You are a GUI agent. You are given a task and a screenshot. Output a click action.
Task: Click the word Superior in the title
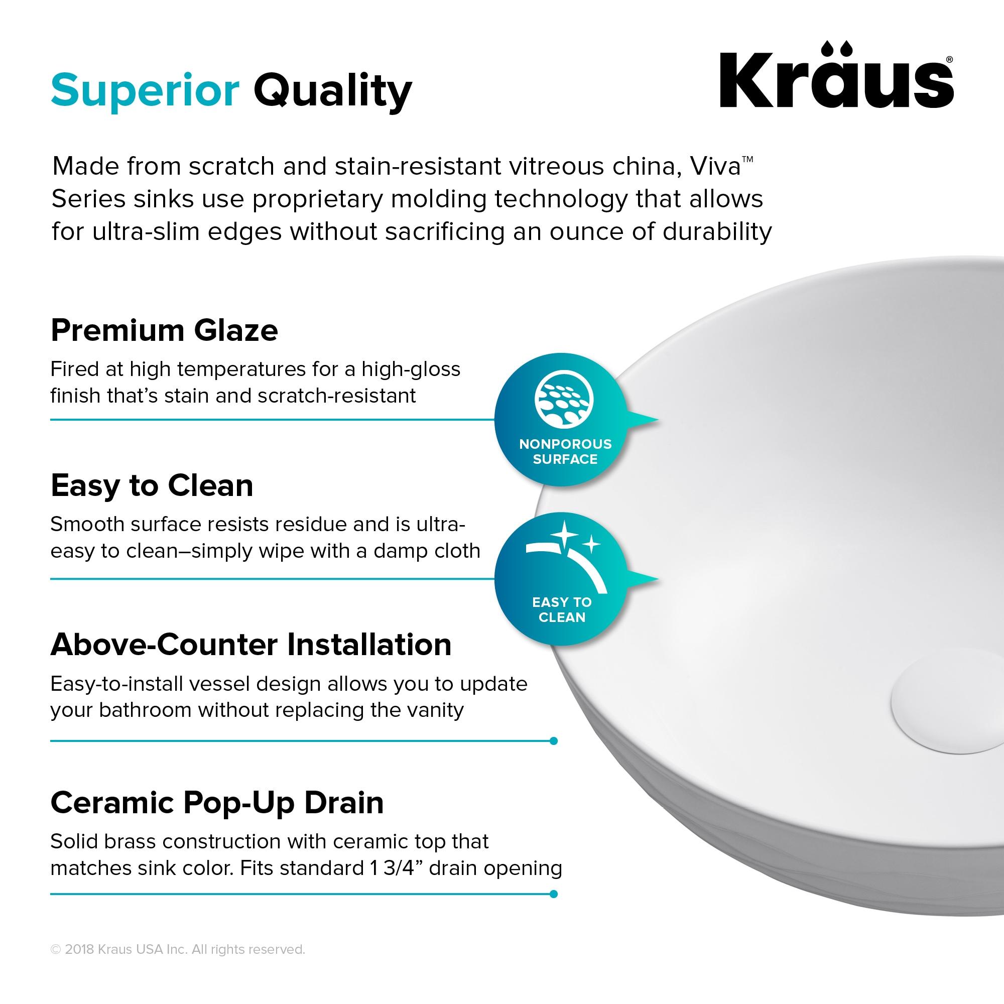[145, 90]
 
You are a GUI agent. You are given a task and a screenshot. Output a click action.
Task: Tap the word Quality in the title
[333, 91]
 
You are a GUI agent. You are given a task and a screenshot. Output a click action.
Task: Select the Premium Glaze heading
[164, 330]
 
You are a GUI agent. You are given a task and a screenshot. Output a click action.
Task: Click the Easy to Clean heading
[152, 485]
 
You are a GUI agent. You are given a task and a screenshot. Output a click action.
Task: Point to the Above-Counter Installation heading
[250, 645]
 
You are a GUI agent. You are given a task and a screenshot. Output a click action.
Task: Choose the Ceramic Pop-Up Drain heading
[217, 802]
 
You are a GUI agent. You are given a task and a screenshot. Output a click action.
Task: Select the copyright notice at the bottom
[178, 949]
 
